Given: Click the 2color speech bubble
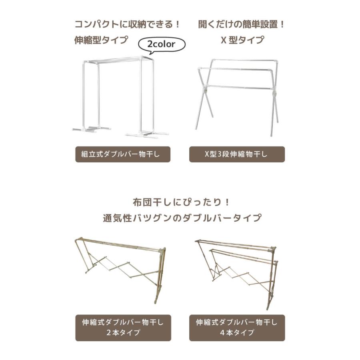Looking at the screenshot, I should pyautogui.click(x=162, y=44).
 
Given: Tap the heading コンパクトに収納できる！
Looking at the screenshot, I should pyautogui.click(x=127, y=24).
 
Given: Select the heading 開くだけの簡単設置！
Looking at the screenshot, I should pyautogui.click(x=242, y=24).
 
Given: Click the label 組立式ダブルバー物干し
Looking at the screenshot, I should pyautogui.click(x=123, y=154).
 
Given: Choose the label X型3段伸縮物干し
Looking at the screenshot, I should pyautogui.click(x=237, y=154).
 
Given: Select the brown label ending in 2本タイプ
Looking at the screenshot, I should pyautogui.click(x=123, y=327).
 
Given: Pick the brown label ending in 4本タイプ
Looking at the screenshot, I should pyautogui.click(x=237, y=327).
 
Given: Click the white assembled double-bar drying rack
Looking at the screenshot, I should pyautogui.click(x=120, y=96).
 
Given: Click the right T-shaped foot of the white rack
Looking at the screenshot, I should pyautogui.click(x=146, y=134).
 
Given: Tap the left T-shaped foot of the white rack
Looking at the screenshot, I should pyautogui.click(x=91, y=129).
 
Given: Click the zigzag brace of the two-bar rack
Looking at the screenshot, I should pyautogui.click(x=120, y=268).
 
